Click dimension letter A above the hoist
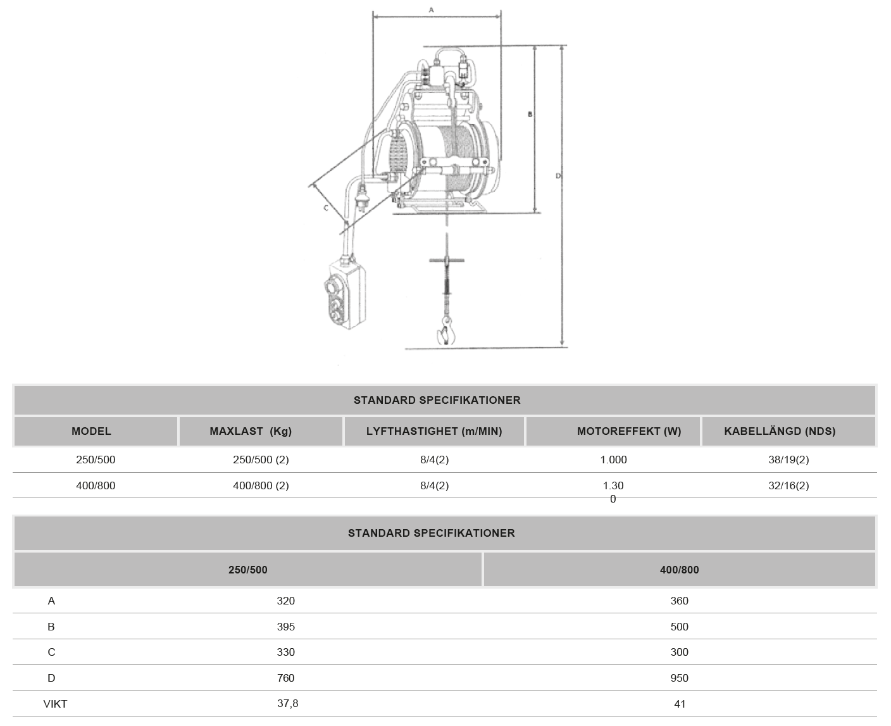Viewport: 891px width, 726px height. [432, 9]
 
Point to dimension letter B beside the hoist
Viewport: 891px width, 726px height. [530, 114]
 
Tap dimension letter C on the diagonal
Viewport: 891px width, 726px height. [326, 208]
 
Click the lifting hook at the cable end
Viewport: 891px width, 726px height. [446, 331]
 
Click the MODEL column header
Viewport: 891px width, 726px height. [91, 432]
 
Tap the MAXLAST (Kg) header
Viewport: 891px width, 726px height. [251, 432]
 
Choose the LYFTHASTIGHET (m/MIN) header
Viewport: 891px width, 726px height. [434, 432]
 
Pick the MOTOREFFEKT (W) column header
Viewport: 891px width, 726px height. [629, 432]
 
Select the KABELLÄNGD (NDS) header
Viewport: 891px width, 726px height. [780, 432]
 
